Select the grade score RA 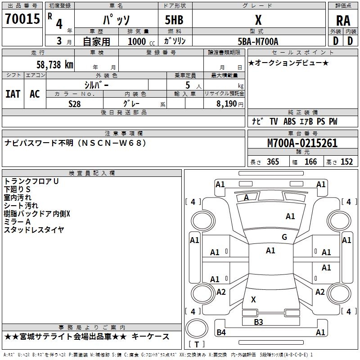click(343, 21)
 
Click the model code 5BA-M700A click(258, 41)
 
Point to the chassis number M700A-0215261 click(302, 144)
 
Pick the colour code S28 click(75, 103)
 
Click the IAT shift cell click(13, 94)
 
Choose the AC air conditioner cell click(35, 94)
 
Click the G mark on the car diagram click(284, 237)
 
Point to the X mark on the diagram click(253, 300)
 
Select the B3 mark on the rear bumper click(258, 322)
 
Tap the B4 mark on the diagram click(221, 333)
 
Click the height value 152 click(346, 162)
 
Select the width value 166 click(310, 162)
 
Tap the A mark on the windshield click(246, 197)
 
